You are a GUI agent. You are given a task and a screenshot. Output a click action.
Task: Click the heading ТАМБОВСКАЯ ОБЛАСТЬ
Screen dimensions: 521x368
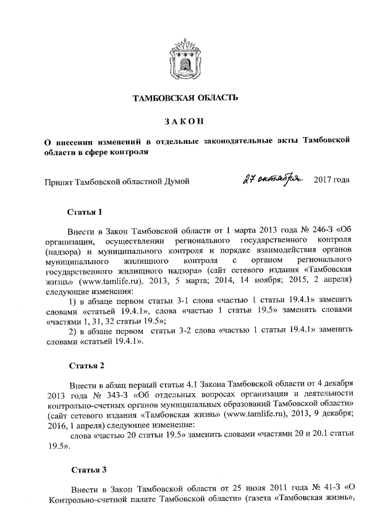pyautogui.click(x=185, y=98)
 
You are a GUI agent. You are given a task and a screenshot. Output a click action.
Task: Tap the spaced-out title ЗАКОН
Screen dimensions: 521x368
pyautogui.click(x=184, y=121)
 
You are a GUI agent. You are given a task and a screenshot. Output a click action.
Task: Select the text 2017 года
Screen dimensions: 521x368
pyautogui.click(x=332, y=181)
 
